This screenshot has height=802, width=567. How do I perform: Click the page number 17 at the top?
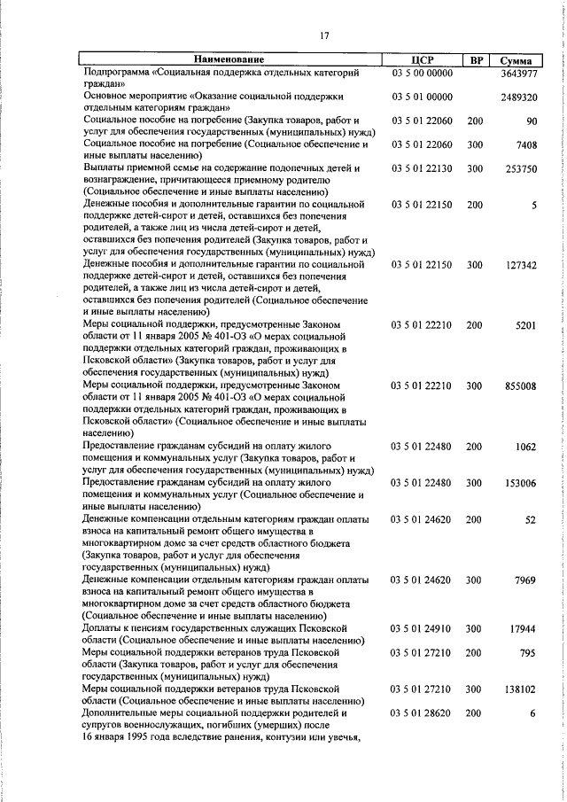click(324, 35)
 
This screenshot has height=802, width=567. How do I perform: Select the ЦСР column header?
click(423, 59)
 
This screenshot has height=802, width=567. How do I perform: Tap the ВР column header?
click(476, 59)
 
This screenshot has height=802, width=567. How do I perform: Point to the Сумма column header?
click(516, 60)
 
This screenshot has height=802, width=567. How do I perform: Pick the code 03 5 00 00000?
click(423, 72)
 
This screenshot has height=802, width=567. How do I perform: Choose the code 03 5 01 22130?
click(423, 168)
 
